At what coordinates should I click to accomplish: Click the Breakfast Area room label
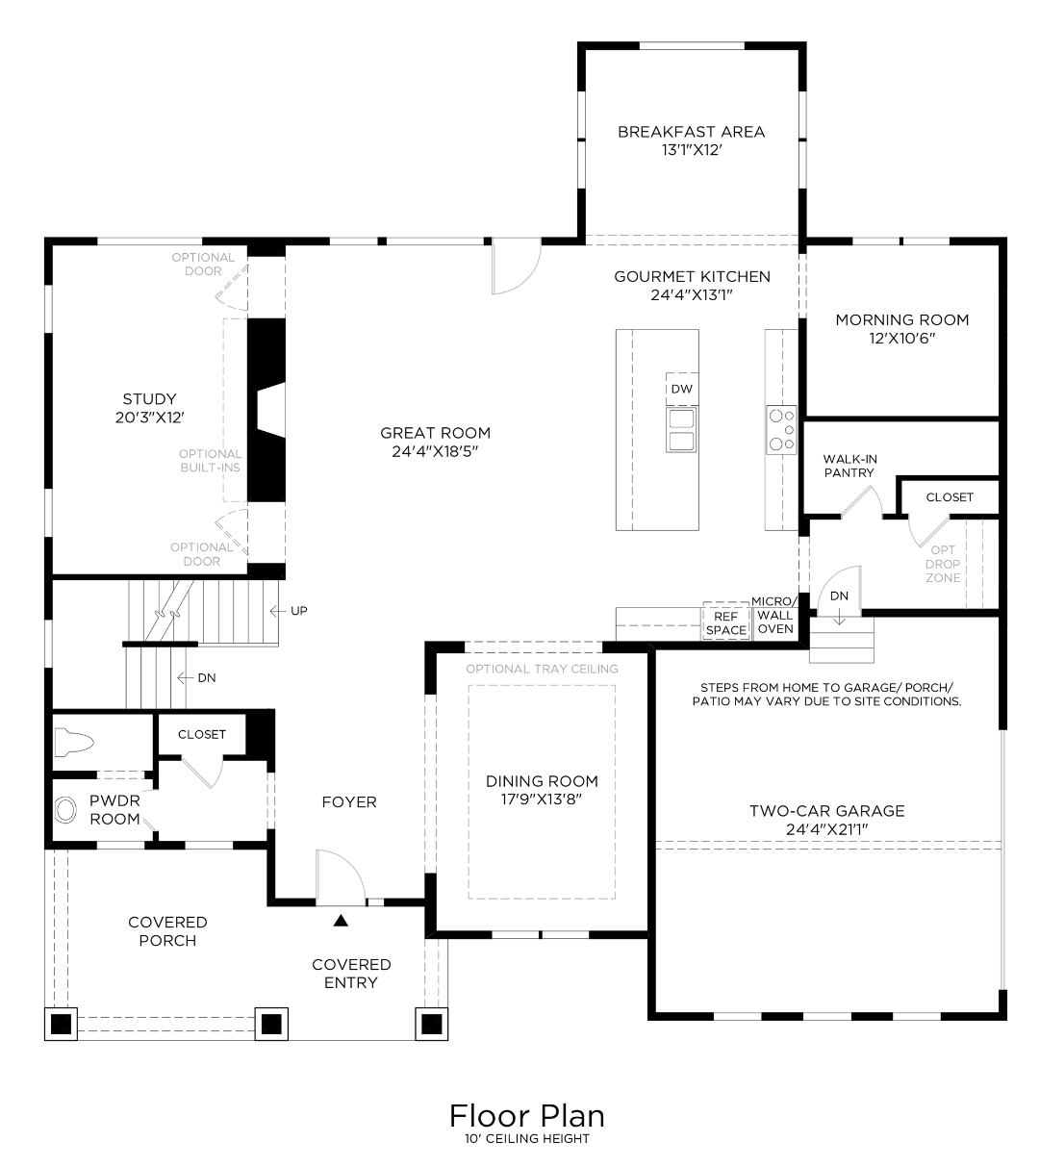691,132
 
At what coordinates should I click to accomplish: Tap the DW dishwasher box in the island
681,389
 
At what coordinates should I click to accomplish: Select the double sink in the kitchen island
681,429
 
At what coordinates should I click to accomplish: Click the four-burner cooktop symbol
781,429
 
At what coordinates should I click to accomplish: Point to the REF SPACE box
726,622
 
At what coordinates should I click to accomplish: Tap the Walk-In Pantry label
849,466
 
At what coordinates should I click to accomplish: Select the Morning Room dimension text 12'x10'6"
901,339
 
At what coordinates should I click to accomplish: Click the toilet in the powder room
75,742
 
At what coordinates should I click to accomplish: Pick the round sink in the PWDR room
66,810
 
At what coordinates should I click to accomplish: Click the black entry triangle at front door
340,921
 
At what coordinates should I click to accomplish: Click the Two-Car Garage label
827,811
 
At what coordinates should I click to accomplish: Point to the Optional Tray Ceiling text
542,669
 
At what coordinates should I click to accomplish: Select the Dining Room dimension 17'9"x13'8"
542,799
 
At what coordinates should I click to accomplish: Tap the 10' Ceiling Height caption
526,1139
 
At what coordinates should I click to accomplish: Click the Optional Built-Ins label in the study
210,461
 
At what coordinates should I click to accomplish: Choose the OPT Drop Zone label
943,564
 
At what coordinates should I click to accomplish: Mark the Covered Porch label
167,931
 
